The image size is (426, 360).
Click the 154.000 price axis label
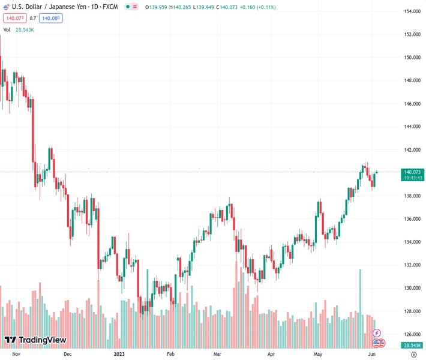[411, 11]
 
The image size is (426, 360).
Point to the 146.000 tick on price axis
[411, 104]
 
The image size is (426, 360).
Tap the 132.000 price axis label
[411, 265]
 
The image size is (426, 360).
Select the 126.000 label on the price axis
[411, 334]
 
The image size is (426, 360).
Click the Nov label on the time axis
[16, 354]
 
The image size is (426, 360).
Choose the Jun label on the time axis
[372, 354]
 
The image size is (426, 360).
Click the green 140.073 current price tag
[411, 172]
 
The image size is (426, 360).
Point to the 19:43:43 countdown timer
[411, 178]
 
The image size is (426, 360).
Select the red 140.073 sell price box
[14, 18]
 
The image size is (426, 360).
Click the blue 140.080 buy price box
[51, 18]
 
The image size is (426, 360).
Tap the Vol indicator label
[7, 29]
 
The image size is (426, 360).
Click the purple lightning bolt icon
[377, 332]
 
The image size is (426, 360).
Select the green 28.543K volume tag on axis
[411, 346]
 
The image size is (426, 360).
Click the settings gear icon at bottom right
[414, 354]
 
